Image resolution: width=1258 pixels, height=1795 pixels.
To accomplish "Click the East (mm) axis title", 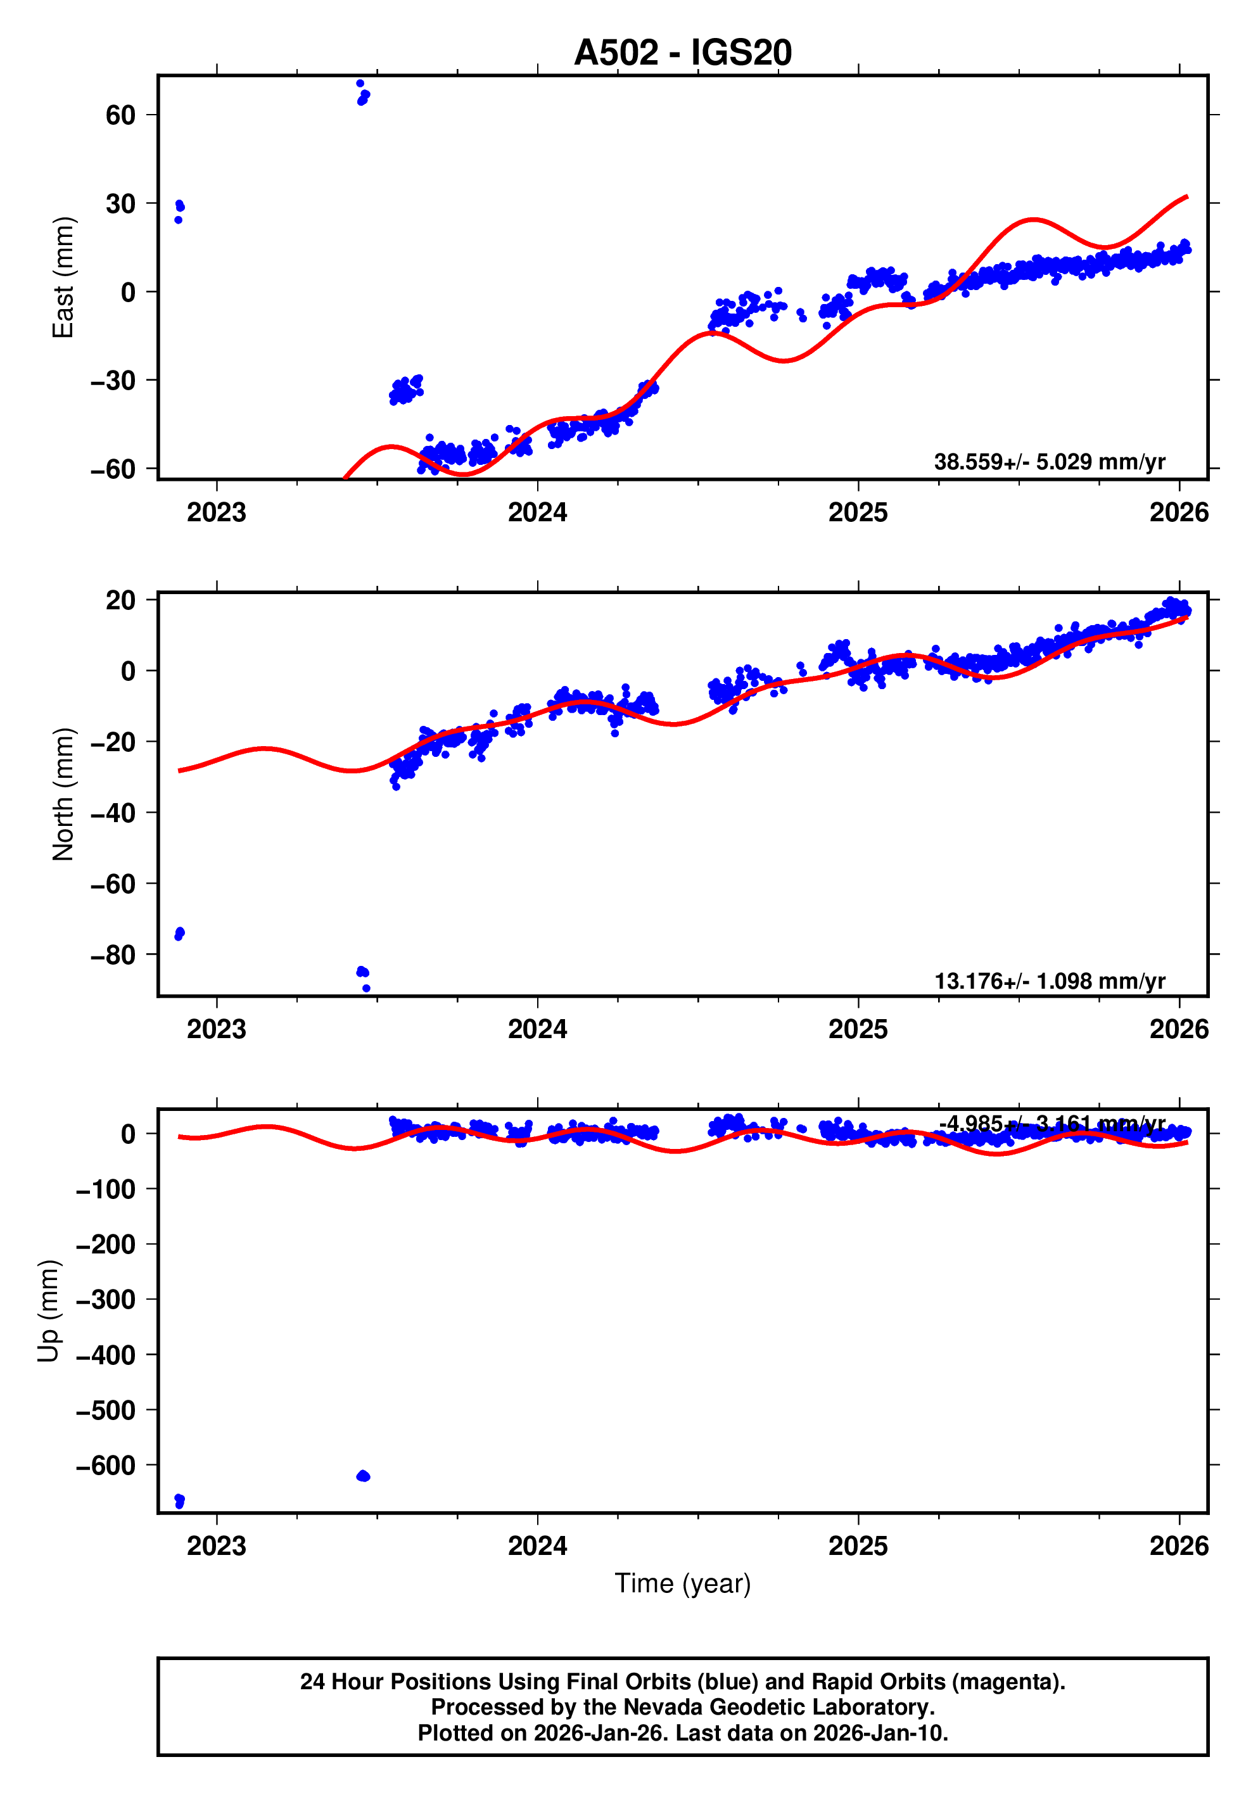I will pyautogui.click(x=63, y=277).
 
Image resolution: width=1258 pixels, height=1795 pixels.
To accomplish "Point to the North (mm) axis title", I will pyautogui.click(x=63, y=794).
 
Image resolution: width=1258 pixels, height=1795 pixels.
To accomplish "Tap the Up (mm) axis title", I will pyautogui.click(x=49, y=1311).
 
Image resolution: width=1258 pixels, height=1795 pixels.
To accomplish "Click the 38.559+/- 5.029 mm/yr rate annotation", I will pyautogui.click(x=1048, y=462).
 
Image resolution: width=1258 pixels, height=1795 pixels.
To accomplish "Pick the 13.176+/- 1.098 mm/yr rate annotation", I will pyautogui.click(x=1048, y=981).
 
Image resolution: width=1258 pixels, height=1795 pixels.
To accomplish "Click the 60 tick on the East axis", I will pyautogui.click(x=120, y=116).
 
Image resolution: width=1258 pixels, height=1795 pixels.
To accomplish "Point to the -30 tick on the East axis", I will pyautogui.click(x=113, y=381).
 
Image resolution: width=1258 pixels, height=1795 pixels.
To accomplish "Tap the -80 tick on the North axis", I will pyautogui.click(x=113, y=955).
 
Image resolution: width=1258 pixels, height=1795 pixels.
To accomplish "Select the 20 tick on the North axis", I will pyautogui.click(x=120, y=600).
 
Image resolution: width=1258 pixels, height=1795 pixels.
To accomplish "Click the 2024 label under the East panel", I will pyautogui.click(x=537, y=513).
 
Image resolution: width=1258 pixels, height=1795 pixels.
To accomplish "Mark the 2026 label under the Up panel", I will pyautogui.click(x=1178, y=1546).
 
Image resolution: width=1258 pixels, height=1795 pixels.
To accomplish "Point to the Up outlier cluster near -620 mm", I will pyautogui.click(x=363, y=1476).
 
